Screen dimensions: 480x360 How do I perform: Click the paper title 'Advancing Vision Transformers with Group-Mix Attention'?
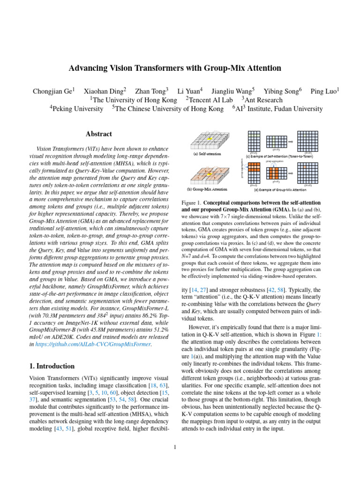[x=175, y=68]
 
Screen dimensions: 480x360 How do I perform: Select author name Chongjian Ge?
[x=52, y=91]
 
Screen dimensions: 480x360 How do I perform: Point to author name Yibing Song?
[x=281, y=91]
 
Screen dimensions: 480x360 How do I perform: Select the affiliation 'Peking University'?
[x=78, y=109]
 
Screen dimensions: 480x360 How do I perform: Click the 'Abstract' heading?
[x=98, y=134]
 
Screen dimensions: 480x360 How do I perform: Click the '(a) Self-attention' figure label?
[x=207, y=153]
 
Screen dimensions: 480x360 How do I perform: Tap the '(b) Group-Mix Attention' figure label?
[x=207, y=189]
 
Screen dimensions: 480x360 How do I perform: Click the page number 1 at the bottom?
[x=175, y=447]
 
